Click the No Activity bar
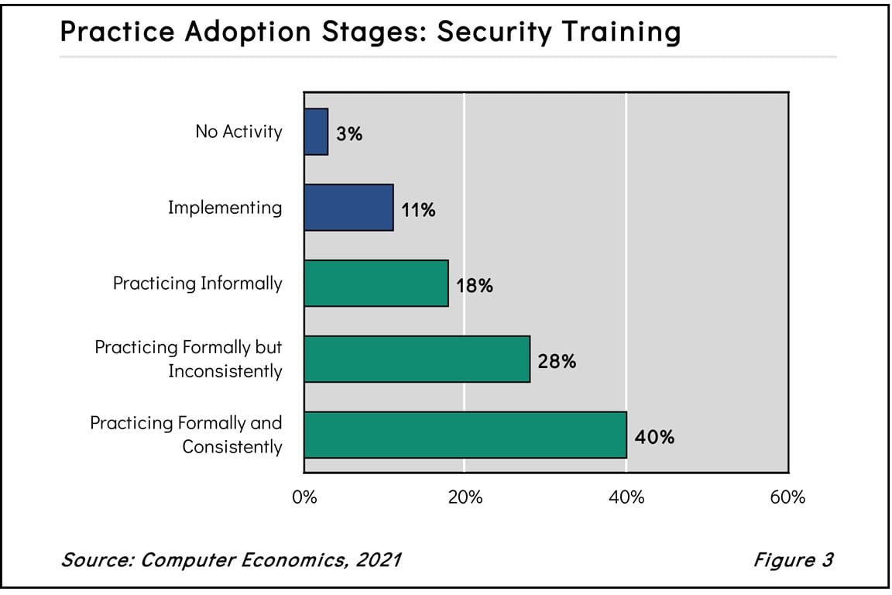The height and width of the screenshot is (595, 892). click(316, 132)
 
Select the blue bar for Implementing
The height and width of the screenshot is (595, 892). click(348, 208)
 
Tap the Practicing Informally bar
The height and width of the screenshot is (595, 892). click(376, 284)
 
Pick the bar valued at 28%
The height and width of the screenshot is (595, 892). click(417, 359)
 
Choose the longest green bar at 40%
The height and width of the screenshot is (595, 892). click(465, 435)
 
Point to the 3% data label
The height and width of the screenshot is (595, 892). click(349, 133)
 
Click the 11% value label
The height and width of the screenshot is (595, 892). click(418, 209)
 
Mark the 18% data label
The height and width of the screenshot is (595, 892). click(474, 285)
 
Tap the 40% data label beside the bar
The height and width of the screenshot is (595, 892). click(654, 437)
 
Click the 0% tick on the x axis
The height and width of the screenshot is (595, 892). click(304, 497)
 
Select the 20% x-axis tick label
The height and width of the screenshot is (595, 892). click(465, 497)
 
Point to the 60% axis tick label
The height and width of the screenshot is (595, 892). click(788, 497)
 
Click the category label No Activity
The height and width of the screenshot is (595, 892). click(238, 132)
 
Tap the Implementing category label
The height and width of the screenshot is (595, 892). click(225, 208)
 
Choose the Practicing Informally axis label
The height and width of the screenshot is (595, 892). click(197, 284)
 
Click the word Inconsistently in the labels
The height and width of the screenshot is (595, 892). click(225, 372)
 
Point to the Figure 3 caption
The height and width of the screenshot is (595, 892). click(793, 559)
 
